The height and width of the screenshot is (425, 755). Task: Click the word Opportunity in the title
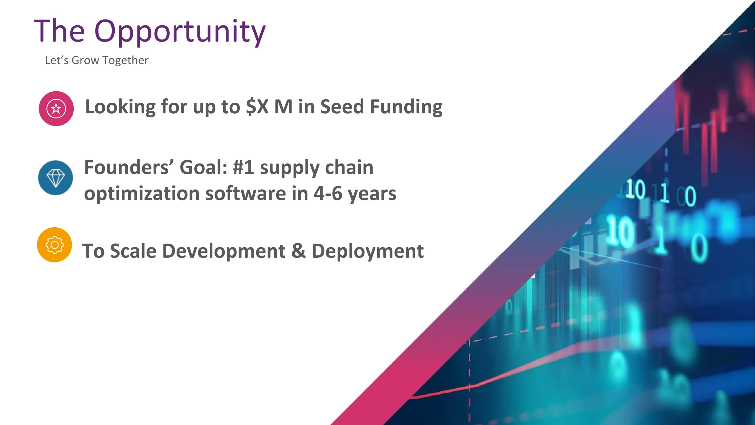click(x=180, y=32)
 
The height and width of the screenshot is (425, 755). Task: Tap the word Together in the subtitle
click(x=125, y=61)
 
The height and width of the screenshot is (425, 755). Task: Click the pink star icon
click(x=56, y=108)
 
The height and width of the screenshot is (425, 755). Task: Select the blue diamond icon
click(x=55, y=178)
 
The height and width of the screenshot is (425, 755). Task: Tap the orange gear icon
click(x=55, y=245)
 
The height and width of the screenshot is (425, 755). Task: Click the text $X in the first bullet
click(x=257, y=107)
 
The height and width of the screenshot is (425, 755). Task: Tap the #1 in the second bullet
click(x=243, y=167)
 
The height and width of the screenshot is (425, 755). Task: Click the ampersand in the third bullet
click(x=298, y=251)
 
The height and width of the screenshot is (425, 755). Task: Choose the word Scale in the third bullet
click(x=133, y=251)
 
